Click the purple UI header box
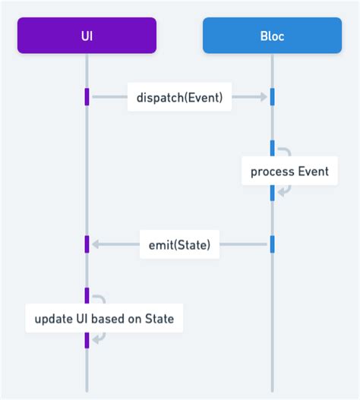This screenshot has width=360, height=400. (x=87, y=36)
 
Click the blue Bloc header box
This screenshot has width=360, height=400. (x=272, y=36)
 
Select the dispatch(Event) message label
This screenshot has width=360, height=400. (x=179, y=97)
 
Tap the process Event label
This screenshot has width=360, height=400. (x=289, y=171)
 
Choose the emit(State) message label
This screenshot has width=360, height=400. (x=179, y=244)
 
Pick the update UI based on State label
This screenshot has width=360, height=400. (x=104, y=319)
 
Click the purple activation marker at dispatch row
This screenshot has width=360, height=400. (x=87, y=97)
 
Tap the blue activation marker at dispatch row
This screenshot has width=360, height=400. (x=272, y=97)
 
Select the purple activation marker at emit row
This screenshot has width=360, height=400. (x=87, y=244)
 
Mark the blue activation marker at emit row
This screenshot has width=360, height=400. (x=272, y=244)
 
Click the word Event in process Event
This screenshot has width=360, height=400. (x=312, y=171)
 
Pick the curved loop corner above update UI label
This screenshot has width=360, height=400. (x=103, y=298)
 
